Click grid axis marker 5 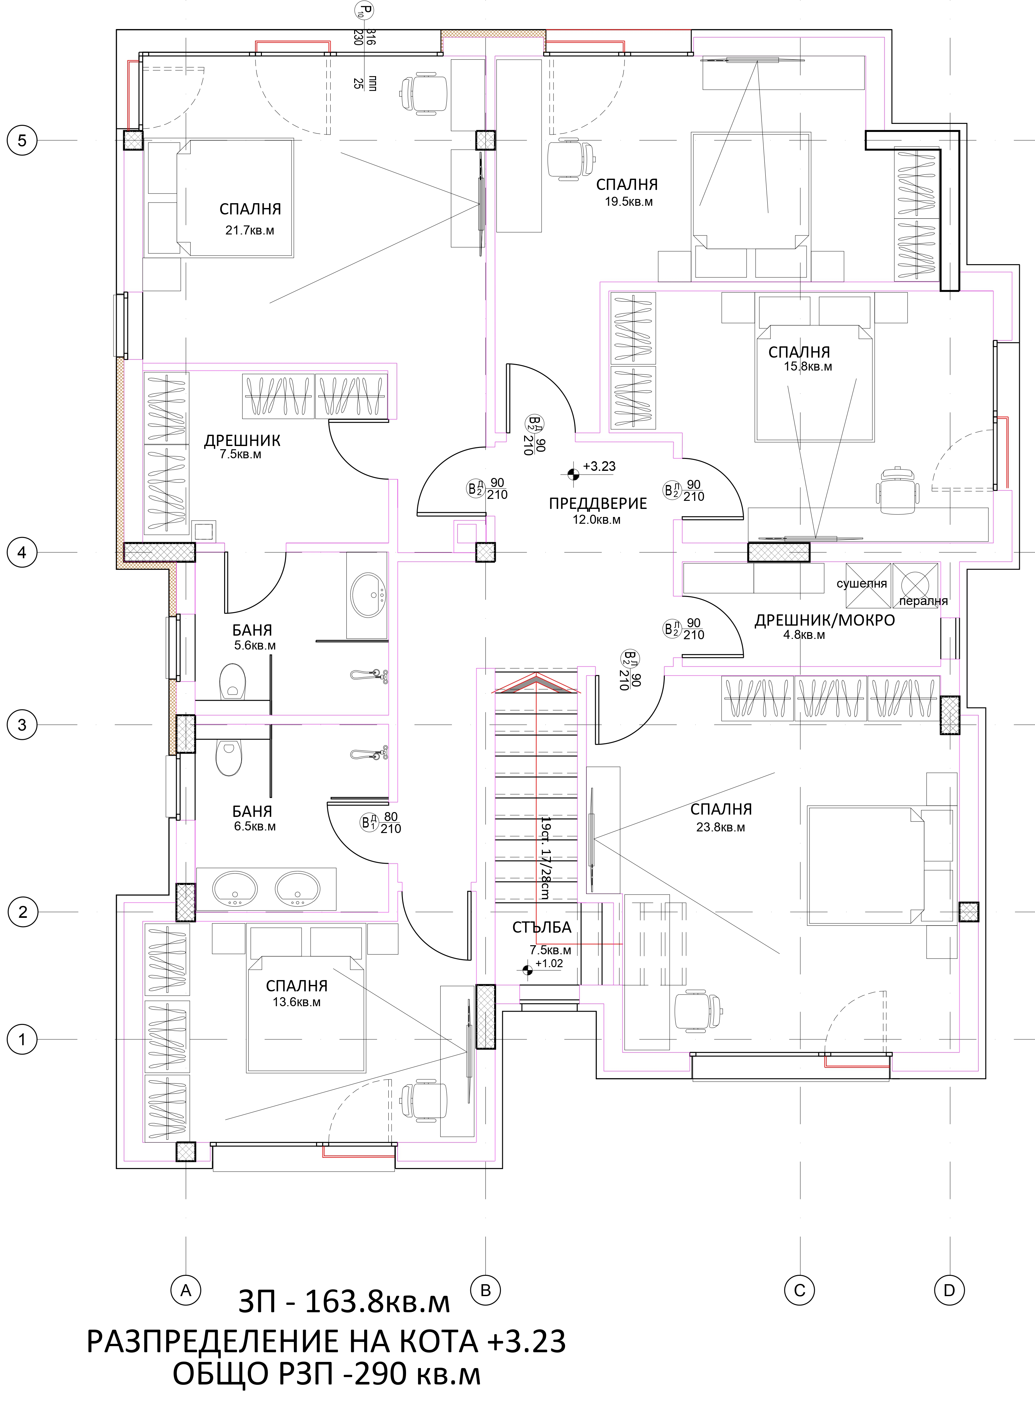[22, 140]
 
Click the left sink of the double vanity [235, 888]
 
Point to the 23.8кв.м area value [721, 827]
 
